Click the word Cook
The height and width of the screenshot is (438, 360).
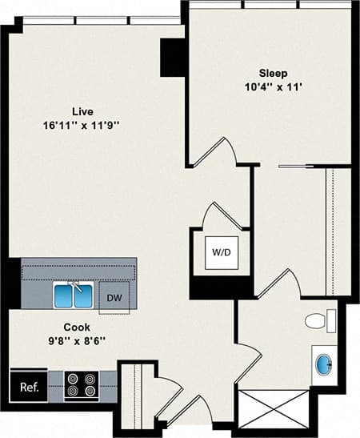[x=77, y=327]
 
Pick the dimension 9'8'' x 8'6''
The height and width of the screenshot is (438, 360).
[x=77, y=341]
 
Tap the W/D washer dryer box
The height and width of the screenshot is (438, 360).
[x=221, y=253]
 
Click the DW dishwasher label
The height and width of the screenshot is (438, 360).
[x=114, y=297]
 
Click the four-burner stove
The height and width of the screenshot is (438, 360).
[x=81, y=386]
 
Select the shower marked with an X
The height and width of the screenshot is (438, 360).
[x=272, y=409]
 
